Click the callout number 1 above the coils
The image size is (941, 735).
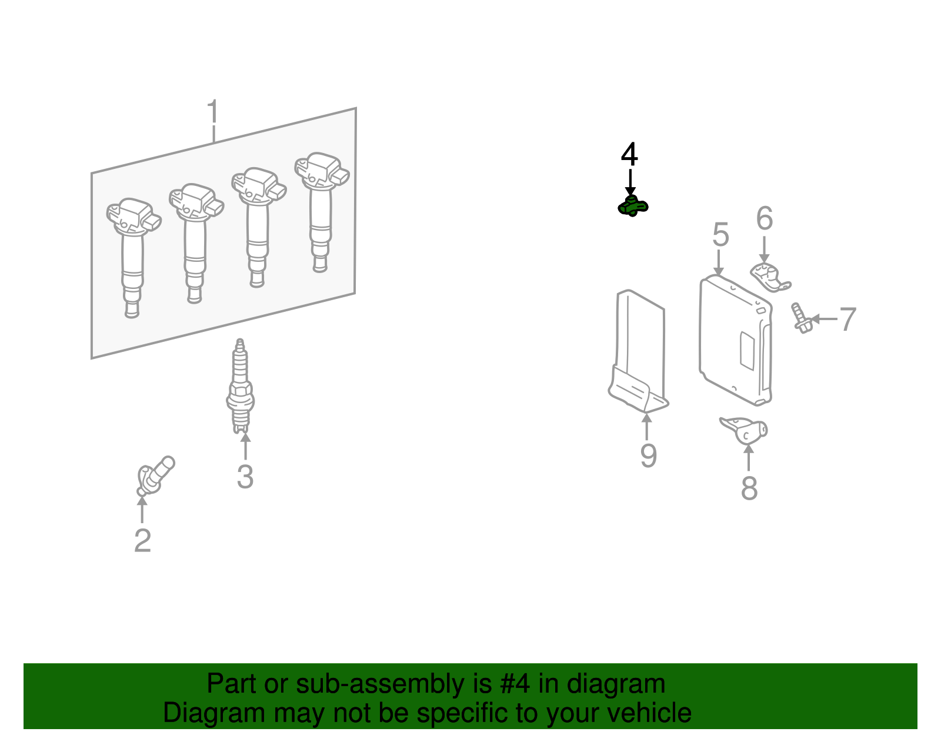(x=213, y=112)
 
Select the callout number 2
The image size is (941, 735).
(x=143, y=541)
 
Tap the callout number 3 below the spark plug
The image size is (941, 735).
(x=245, y=477)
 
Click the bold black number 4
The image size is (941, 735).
(x=629, y=154)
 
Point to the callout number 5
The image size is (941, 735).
(x=720, y=235)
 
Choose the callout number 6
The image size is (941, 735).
(x=765, y=218)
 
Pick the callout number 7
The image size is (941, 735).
(x=848, y=319)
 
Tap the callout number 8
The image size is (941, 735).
(x=750, y=488)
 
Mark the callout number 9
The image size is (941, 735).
(x=648, y=455)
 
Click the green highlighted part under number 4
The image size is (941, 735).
(x=633, y=206)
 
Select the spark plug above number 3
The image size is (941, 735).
(x=241, y=386)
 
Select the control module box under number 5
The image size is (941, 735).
(x=736, y=340)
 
